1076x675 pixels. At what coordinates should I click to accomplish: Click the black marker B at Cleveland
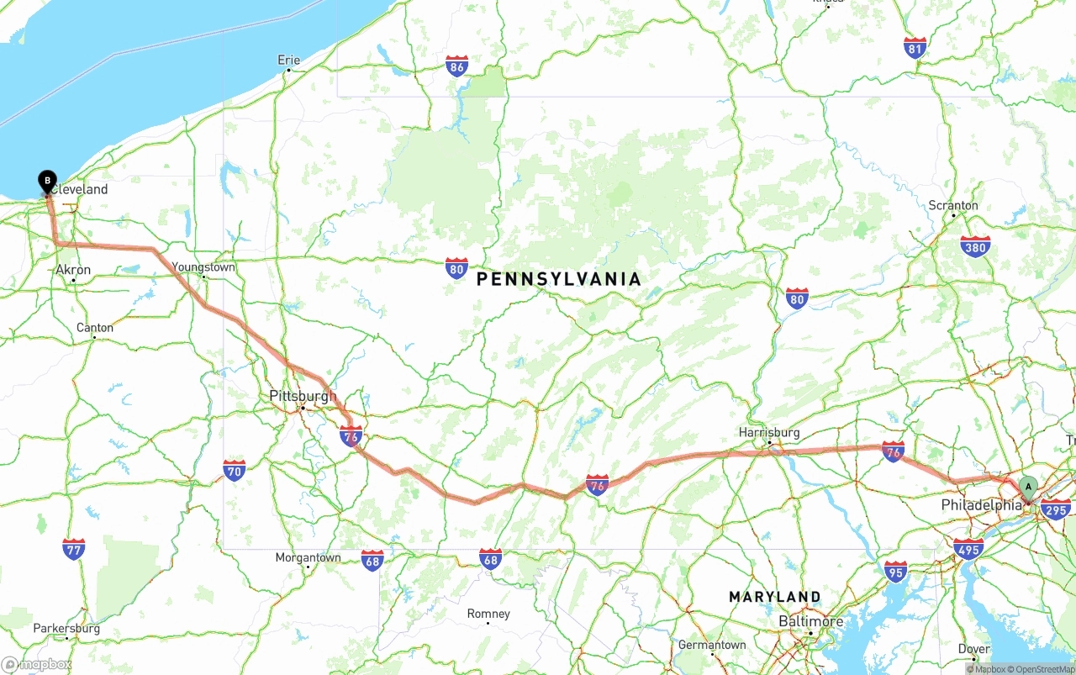tap(48, 180)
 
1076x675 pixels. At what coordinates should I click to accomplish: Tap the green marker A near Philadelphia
tap(1028, 487)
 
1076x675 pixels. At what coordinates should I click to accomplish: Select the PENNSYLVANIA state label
tap(558, 279)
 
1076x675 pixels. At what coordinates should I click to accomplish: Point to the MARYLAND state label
tap(774, 597)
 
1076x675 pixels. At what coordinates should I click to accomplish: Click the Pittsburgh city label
tap(303, 396)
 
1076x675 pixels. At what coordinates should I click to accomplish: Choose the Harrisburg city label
tap(769, 433)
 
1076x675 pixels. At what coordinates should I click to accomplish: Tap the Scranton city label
tap(953, 205)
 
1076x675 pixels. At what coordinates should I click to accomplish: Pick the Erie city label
tap(288, 60)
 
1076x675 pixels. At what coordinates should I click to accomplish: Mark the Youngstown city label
tap(203, 267)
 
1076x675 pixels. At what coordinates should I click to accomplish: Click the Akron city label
tap(73, 270)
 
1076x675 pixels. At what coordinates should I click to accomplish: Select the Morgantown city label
tap(308, 557)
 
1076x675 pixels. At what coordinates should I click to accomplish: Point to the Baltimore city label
tap(810, 621)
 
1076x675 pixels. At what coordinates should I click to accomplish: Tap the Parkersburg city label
tap(66, 628)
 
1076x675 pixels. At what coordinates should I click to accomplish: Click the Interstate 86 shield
tap(456, 66)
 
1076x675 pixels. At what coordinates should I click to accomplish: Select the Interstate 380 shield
tap(975, 246)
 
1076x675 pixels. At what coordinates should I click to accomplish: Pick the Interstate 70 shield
tap(235, 470)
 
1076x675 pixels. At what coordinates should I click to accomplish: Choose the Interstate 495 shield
tap(968, 550)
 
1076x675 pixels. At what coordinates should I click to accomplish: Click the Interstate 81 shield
tap(915, 47)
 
